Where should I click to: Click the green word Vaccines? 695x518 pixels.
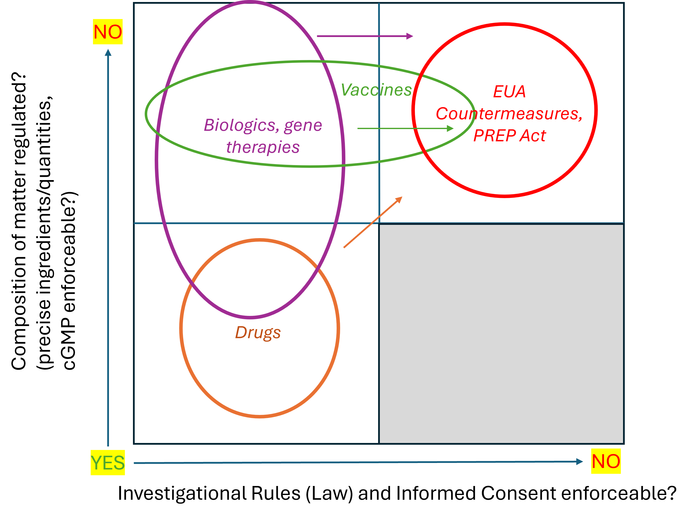376,90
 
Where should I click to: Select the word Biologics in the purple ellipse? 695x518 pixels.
241,125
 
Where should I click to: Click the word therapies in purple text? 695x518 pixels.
263,147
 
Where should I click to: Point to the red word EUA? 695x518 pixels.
509,92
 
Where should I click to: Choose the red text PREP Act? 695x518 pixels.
510,136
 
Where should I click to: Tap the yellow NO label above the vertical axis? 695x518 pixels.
108,32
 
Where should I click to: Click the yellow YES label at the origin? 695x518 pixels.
108,463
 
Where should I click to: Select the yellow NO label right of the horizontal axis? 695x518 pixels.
606,461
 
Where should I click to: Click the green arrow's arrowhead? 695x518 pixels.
450,128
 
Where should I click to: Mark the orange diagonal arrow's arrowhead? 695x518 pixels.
399,200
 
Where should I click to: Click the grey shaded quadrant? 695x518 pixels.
501,334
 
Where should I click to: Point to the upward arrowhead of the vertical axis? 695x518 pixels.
108,52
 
